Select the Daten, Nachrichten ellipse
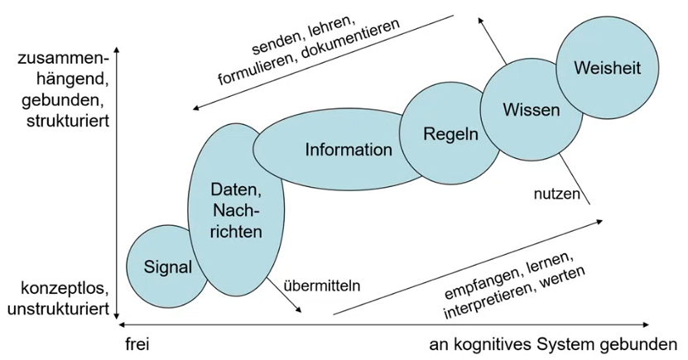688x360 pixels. tap(236, 210)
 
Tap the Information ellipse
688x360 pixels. tap(348, 150)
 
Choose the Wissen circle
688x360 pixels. tap(531, 108)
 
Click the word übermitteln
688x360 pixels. tap(322, 286)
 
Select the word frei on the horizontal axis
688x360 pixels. tap(137, 343)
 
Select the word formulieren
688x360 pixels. tap(257, 70)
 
